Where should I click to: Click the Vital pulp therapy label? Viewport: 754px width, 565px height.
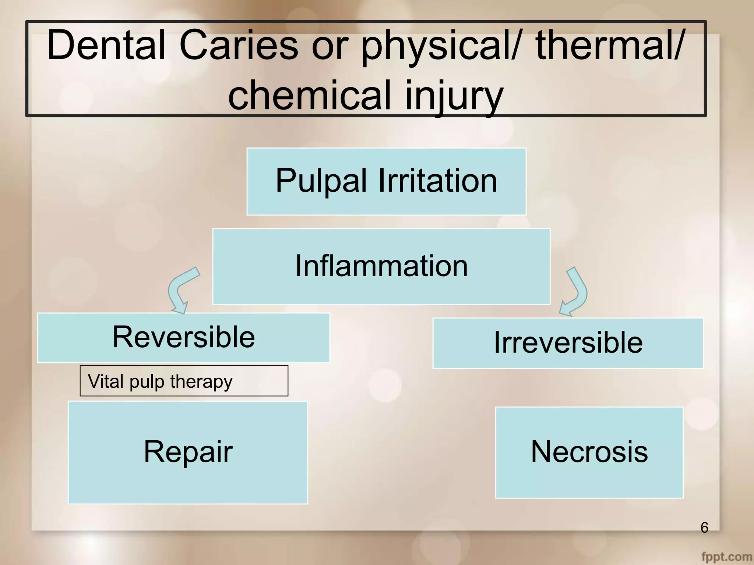[x=184, y=381]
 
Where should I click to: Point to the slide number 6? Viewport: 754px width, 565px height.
[x=704, y=527]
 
